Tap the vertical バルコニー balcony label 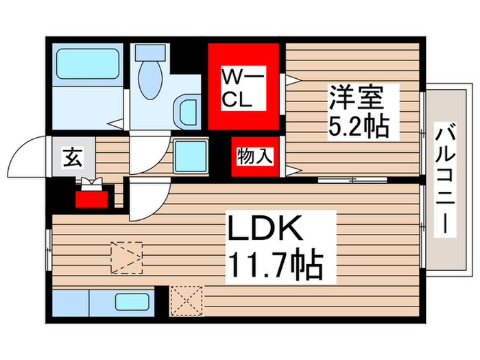[x=444, y=178]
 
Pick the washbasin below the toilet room [x=186, y=109]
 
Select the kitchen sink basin [x=134, y=301]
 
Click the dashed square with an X [x=185, y=299]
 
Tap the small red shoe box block [x=92, y=198]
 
